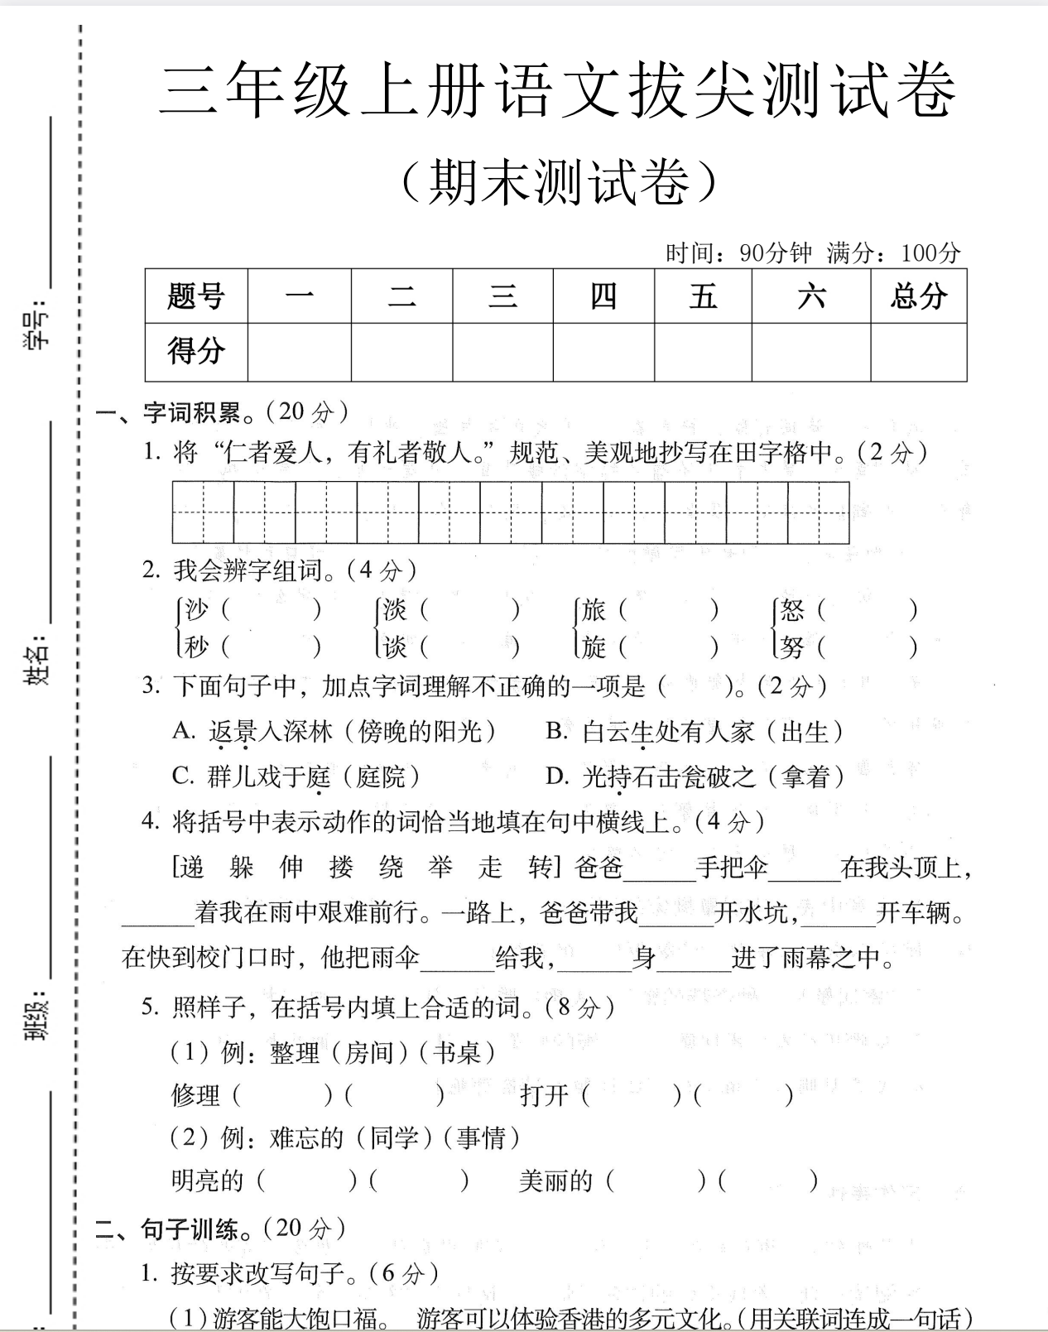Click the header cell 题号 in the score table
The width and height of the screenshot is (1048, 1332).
click(196, 296)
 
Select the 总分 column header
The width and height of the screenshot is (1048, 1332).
click(918, 296)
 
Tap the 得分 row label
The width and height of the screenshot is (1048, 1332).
click(196, 350)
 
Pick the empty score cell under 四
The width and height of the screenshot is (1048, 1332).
click(603, 352)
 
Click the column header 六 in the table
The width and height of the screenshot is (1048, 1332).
click(810, 296)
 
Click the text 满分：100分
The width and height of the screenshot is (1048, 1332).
click(893, 252)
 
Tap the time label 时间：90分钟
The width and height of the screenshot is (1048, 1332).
click(738, 252)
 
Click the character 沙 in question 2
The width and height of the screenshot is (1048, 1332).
click(197, 610)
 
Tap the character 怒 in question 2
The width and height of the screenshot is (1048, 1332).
click(792, 610)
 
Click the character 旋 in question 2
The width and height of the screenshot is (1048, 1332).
click(594, 646)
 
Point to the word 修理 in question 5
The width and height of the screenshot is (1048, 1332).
click(195, 1095)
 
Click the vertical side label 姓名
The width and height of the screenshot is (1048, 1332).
click(37, 662)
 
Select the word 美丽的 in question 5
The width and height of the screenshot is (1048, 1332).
click(555, 1181)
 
